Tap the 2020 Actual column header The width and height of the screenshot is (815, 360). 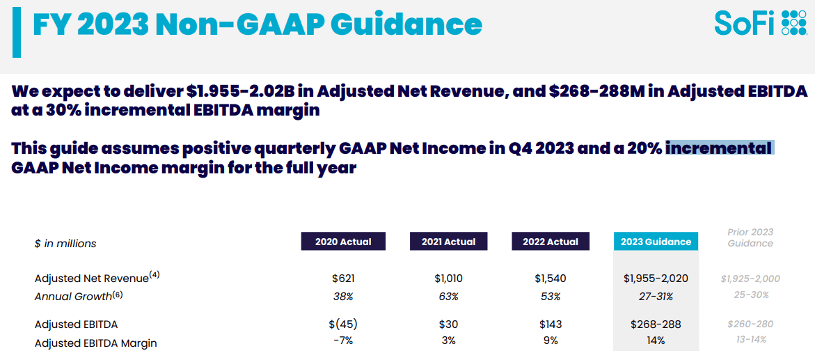[343, 242]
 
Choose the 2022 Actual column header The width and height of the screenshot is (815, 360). [551, 242]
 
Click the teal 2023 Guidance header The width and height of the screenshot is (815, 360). [656, 242]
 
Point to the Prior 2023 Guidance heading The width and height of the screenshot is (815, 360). [750, 237]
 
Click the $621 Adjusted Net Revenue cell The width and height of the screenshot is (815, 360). [344, 279]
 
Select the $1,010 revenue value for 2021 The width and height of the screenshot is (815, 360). [448, 279]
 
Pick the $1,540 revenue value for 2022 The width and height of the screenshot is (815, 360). [551, 279]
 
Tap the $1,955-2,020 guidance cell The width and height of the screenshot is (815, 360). [656, 279]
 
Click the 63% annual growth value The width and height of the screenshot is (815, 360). [448, 297]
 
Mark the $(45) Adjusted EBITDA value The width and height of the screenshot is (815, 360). [344, 324]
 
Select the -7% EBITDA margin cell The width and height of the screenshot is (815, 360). [343, 341]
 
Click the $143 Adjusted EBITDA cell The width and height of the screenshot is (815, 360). [551, 324]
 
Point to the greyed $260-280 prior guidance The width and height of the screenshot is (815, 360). [750, 324]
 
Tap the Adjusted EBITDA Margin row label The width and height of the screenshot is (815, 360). [95, 343]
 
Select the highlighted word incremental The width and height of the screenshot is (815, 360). [720, 148]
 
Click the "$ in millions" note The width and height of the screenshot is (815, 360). [65, 244]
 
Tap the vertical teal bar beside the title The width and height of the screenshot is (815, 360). [17, 33]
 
